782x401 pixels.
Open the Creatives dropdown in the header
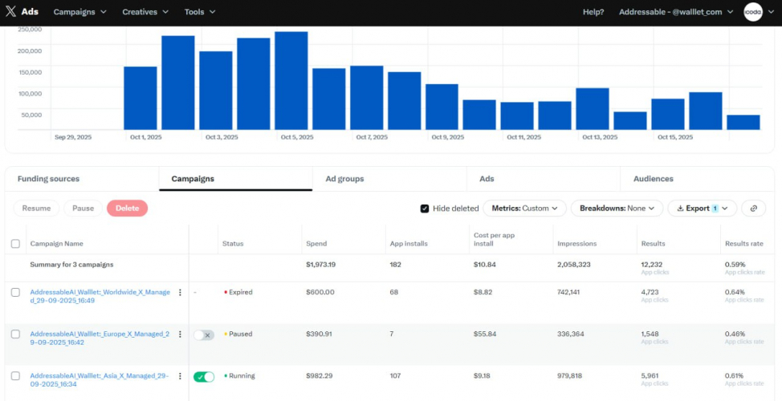coord(145,12)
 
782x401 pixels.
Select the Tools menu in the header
coord(199,12)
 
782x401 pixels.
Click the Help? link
coord(593,12)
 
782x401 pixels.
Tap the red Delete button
coord(127,209)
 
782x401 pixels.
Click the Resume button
coord(36,209)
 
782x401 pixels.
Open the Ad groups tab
coord(344,179)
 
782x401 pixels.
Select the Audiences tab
coord(653,179)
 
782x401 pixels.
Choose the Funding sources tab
coord(48,179)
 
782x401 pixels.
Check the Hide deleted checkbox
coord(425,209)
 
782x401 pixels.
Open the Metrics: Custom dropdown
coord(524,209)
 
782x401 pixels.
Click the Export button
coord(702,209)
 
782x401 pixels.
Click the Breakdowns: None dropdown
coord(617,209)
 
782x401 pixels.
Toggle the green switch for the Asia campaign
coord(204,376)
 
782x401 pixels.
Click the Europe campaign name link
coord(100,338)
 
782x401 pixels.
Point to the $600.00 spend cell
coord(320,292)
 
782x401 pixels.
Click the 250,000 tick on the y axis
coord(29,30)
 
